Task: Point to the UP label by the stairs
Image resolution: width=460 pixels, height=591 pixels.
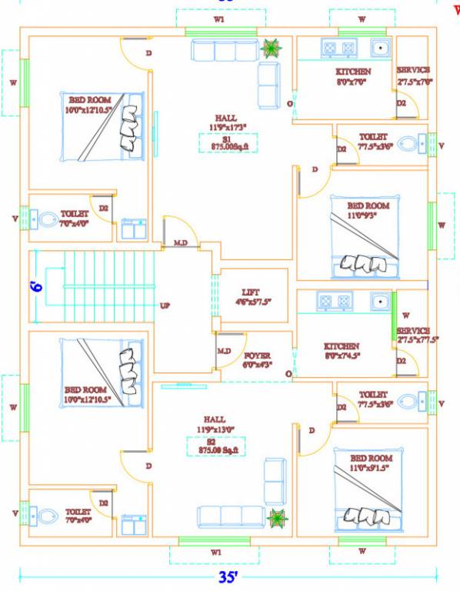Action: click(x=165, y=306)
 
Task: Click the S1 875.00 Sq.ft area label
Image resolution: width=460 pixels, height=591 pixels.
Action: click(x=228, y=143)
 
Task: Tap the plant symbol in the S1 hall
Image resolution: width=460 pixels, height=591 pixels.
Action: click(x=270, y=48)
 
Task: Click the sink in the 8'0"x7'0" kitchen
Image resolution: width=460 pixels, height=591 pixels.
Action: click(x=379, y=48)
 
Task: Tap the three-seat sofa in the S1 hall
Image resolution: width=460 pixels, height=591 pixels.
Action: click(x=225, y=51)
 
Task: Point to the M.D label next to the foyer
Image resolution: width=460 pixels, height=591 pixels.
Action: click(x=224, y=351)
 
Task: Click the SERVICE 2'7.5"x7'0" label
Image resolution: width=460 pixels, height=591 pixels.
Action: click(x=415, y=75)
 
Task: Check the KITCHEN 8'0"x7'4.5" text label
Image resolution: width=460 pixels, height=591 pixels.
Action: click(x=342, y=351)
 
